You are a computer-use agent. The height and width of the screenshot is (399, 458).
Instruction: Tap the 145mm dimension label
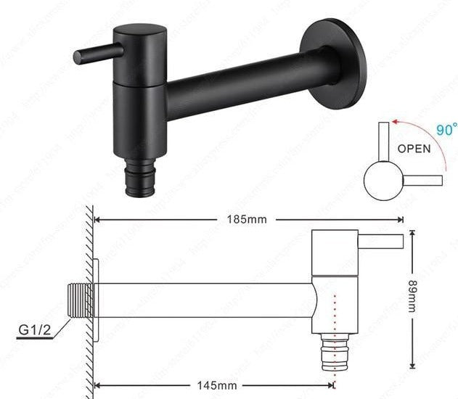pyautogui.click(x=216, y=384)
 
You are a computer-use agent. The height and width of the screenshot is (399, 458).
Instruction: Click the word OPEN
pyautogui.click(x=414, y=149)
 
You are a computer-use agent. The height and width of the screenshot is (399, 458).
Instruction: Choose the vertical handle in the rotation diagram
pyautogui.click(x=383, y=141)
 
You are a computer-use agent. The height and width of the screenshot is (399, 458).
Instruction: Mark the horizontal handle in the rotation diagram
pyautogui.click(x=422, y=179)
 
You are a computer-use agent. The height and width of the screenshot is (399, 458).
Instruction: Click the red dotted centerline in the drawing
pyautogui.click(x=334, y=319)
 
